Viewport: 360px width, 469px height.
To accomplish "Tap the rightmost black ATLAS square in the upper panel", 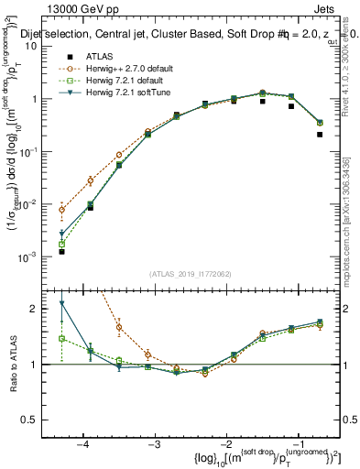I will click(x=320, y=135).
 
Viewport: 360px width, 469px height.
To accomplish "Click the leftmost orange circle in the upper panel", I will click(x=61, y=210).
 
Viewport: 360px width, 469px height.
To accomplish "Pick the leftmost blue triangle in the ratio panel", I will click(x=61, y=303).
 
